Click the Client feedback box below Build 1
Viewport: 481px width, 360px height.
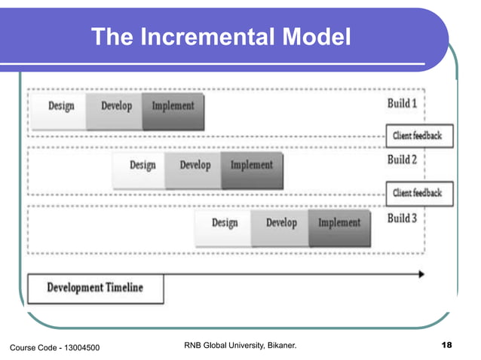click(x=418, y=136)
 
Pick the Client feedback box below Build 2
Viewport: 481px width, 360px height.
click(x=418, y=194)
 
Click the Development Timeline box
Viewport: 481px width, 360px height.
click(x=95, y=288)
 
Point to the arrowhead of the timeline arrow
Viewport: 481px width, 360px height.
click(x=420, y=274)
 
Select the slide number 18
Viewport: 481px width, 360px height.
click(x=446, y=346)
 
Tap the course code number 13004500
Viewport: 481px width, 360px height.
click(x=78, y=346)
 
